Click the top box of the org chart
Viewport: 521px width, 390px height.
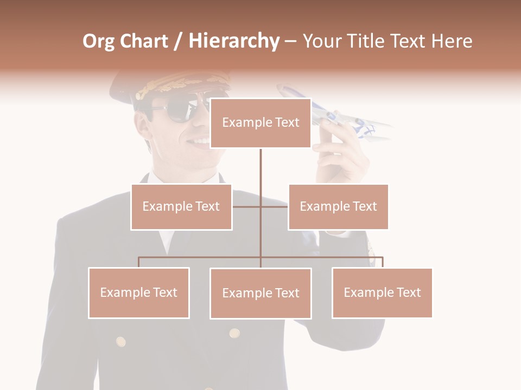(x=260, y=123)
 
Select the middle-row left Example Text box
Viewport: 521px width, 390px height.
(x=181, y=206)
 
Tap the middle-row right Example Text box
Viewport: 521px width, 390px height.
(x=338, y=206)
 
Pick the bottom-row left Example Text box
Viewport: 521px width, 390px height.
(x=139, y=292)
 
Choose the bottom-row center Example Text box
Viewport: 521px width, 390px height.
(x=260, y=293)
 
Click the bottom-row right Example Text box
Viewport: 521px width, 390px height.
(x=382, y=292)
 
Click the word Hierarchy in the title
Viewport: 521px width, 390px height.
(x=233, y=41)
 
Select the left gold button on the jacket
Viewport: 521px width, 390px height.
(x=121, y=342)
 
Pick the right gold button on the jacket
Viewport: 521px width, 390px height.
(x=234, y=333)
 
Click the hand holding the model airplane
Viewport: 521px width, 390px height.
(x=339, y=157)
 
